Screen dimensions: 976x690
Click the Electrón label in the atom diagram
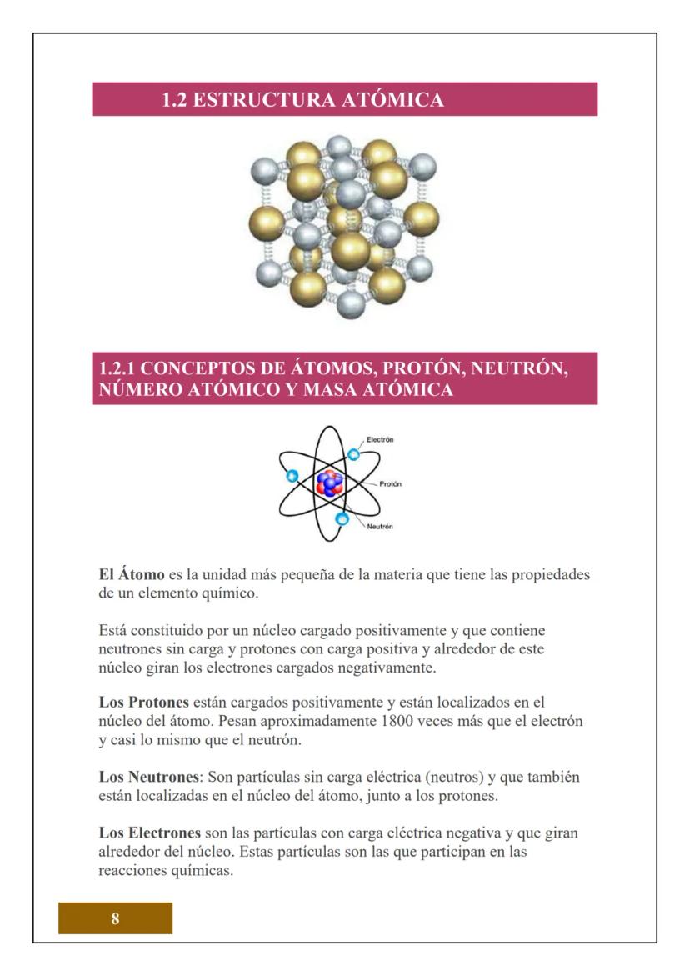coord(380,439)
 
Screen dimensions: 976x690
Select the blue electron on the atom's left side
coord(292,476)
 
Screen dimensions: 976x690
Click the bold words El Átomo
coord(130,576)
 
